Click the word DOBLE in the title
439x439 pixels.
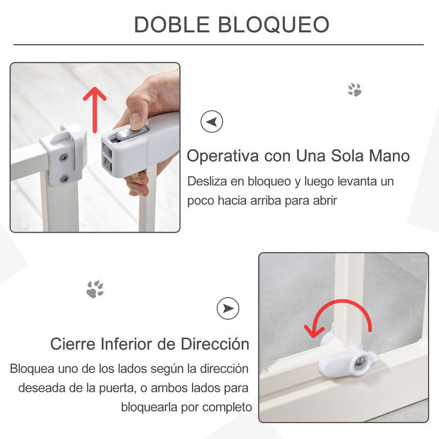pyautogui.click(x=172, y=25)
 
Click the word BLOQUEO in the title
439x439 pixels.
pyautogui.click(x=273, y=25)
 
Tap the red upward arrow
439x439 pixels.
pyautogui.click(x=94, y=110)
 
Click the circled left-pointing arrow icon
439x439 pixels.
pyautogui.click(x=212, y=121)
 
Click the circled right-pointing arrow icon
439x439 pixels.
pyautogui.click(x=228, y=308)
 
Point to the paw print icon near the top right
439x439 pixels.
pyautogui.click(x=354, y=89)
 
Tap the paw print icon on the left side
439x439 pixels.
pyautogui.click(x=95, y=289)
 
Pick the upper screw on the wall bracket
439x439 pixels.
pyautogui.click(x=64, y=158)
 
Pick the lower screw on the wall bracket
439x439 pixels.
pyautogui.click(x=65, y=179)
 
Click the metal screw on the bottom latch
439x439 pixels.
pyautogui.click(x=360, y=364)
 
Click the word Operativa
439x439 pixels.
pyautogui.click(x=223, y=156)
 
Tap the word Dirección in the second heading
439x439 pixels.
pyautogui.click(x=215, y=344)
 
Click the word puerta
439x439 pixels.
pyautogui.click(x=117, y=389)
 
